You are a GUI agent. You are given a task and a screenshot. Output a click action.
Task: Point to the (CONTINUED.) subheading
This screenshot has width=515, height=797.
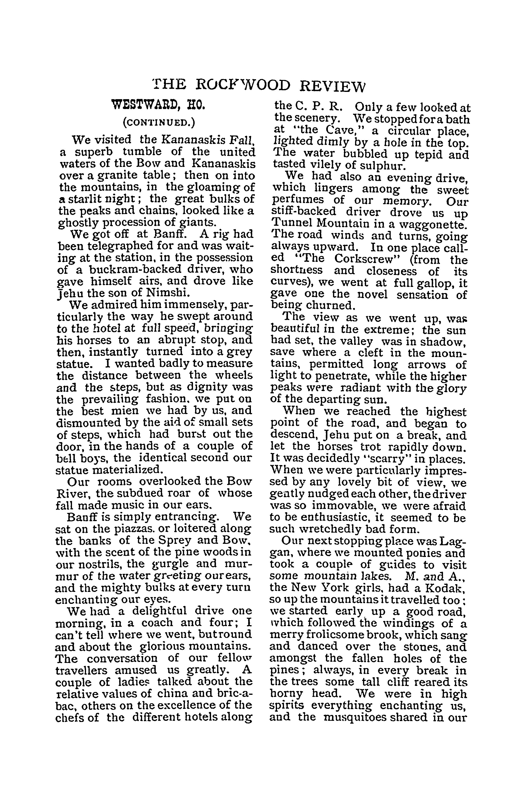(x=159, y=122)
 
